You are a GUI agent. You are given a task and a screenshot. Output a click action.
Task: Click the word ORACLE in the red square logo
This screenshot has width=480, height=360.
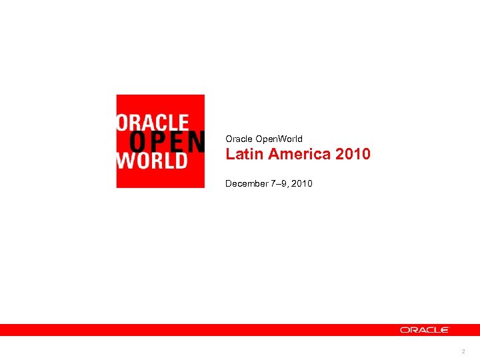pos(153,122)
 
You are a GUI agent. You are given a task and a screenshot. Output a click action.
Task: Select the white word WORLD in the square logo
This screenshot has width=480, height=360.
pos(151,161)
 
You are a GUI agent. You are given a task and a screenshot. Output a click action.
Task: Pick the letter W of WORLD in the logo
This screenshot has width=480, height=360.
pos(124,161)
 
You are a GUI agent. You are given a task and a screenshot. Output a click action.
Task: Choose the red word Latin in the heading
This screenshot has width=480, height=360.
pos(241,155)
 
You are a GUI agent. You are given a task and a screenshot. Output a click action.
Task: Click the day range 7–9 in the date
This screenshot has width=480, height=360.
pos(277,183)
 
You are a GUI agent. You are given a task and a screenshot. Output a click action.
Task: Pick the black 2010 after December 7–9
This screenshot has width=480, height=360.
pos(301,183)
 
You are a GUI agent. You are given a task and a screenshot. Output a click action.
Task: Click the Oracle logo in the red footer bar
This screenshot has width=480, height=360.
pos(425,329)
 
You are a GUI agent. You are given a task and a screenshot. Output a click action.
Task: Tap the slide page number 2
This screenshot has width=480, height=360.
pos(462,351)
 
